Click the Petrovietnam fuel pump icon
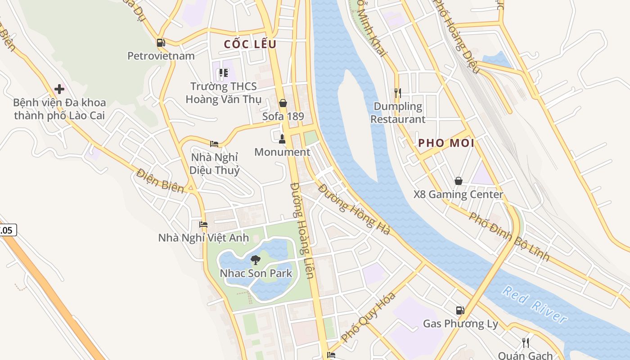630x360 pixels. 161,43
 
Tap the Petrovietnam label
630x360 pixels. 161,56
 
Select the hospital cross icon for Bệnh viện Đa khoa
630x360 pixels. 59,89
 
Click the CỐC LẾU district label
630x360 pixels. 250,44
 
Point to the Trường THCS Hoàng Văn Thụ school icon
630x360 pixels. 223,73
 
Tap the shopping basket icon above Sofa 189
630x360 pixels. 283,103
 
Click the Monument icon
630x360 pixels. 282,139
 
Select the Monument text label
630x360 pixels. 282,152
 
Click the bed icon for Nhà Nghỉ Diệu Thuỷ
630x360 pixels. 214,144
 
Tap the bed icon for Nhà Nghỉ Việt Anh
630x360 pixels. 203,224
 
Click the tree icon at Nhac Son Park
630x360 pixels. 256,260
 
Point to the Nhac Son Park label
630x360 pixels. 256,273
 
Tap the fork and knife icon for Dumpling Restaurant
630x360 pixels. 397,93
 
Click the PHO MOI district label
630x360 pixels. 446,143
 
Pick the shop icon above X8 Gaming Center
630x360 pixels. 458,181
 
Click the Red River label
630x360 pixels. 535,305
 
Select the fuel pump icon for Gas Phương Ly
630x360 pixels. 460,310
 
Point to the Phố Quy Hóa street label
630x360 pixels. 368,317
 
